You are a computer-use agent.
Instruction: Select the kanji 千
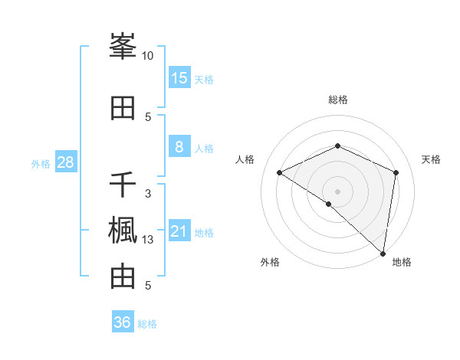pos(123,185)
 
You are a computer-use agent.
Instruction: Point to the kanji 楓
pos(123,231)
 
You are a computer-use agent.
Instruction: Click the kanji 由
pos(123,277)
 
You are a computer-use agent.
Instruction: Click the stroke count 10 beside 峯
pos(148,56)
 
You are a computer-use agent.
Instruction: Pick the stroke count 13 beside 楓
pos(148,240)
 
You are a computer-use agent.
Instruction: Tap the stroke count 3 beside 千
pos(148,194)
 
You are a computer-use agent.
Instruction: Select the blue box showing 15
pos(179,78)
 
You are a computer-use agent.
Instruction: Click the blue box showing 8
pos(179,147)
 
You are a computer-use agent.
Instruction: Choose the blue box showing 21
pos(179,231)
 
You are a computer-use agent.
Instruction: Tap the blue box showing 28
pos(65,162)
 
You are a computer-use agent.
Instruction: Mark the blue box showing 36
pos(123,322)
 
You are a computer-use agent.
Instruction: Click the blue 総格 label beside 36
pos(147,324)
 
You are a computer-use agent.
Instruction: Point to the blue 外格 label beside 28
pos(41,163)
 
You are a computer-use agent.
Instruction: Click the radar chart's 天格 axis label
pos(431,159)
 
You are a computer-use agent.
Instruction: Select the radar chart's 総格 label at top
pos(338,100)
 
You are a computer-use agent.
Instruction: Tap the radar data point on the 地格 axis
pos(383,254)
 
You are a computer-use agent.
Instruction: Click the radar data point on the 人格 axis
pos(280,172)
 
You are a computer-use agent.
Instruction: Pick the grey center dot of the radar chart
pos(337,190)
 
